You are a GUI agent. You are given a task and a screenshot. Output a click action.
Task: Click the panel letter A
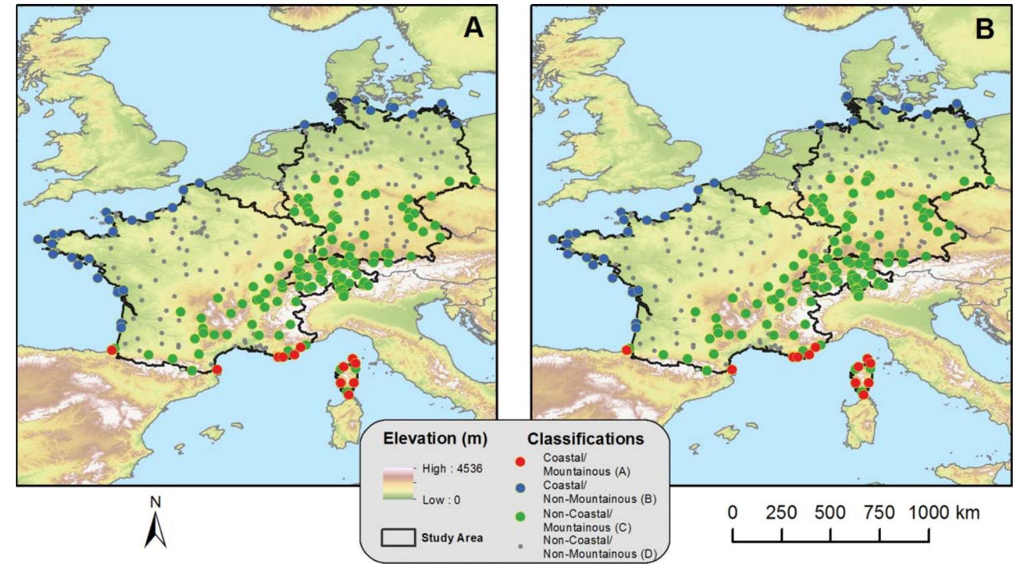coord(473,27)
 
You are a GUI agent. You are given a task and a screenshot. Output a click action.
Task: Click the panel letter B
coord(984,29)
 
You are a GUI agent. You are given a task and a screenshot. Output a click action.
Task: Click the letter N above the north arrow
coord(155,502)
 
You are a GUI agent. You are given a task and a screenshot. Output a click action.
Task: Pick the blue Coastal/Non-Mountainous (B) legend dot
coord(520,488)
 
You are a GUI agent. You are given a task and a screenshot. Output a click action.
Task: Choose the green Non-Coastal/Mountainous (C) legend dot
coord(520,516)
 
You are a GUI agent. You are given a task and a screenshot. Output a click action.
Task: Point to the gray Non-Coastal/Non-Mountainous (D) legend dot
coord(520,546)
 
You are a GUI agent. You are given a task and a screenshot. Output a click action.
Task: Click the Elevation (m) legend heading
coord(435,439)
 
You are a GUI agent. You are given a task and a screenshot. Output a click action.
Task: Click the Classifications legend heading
coord(586,439)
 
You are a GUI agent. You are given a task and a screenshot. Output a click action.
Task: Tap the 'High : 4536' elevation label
coord(451,468)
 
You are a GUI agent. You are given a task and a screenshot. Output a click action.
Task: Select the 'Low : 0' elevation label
coord(441,500)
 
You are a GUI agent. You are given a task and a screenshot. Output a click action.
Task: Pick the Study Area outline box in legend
coord(397,538)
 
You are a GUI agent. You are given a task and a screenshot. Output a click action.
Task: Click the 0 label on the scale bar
coord(732,513)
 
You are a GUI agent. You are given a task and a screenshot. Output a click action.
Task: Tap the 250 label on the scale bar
coord(781,513)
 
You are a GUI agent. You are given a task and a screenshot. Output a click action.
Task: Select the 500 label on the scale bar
coord(830,513)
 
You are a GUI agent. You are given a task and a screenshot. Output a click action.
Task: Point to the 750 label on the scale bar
coord(879,513)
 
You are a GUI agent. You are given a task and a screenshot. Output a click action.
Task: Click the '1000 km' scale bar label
coord(943,513)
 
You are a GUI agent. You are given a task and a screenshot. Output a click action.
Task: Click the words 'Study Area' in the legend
coord(451,538)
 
